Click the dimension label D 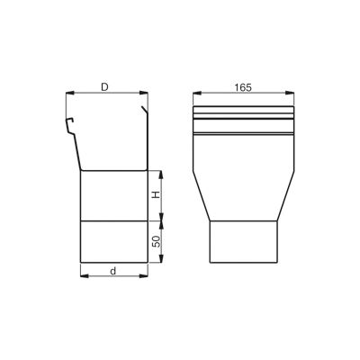(x=104, y=87)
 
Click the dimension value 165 (x=243, y=87)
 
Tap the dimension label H (x=156, y=195)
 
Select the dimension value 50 (x=156, y=241)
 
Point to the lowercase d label (x=112, y=271)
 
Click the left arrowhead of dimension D (x=69, y=93)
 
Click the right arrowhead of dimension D (x=144, y=93)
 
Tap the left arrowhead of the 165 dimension (x=197, y=94)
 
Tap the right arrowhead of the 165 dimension (x=290, y=94)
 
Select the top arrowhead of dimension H (x=161, y=175)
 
